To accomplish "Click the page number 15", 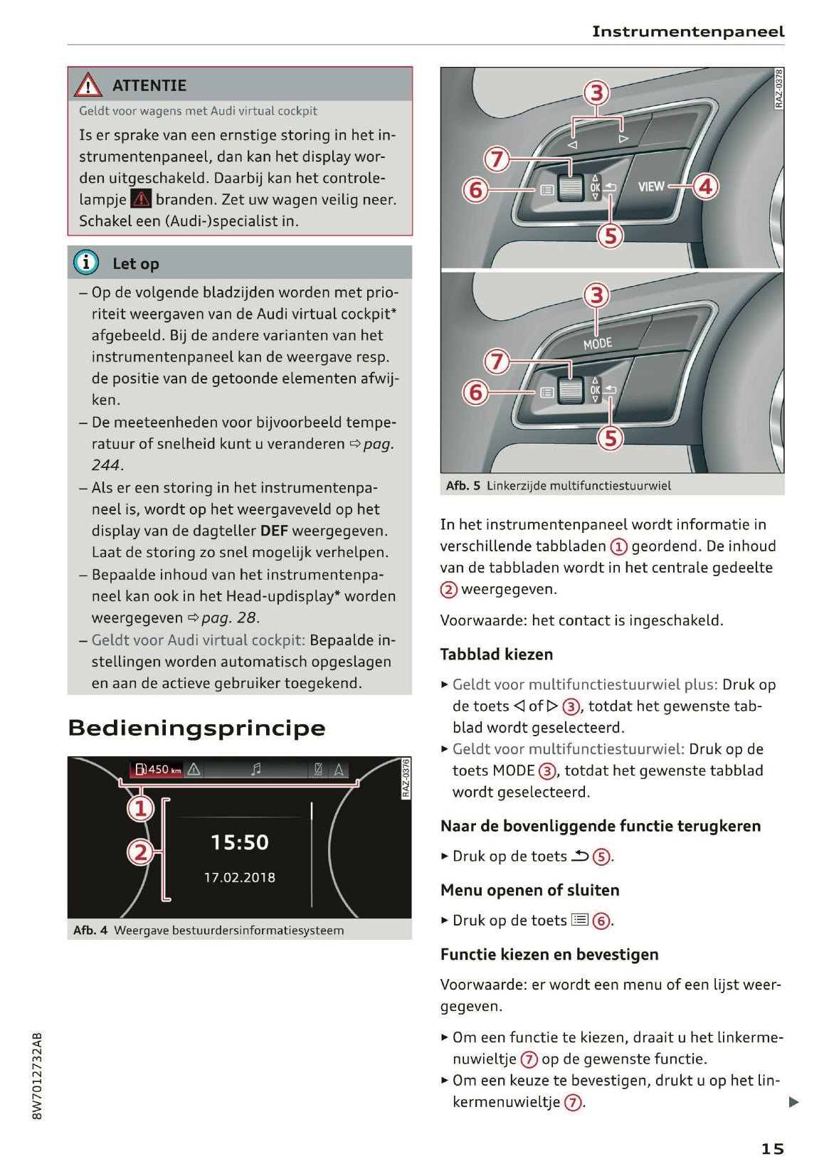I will click(772, 1148).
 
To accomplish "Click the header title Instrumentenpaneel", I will click(687, 31).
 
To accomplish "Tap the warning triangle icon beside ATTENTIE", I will click(88, 85).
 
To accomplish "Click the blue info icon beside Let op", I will click(86, 263).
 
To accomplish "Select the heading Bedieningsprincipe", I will click(196, 728).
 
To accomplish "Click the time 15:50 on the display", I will click(240, 842).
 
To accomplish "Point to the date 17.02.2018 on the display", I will click(240, 877).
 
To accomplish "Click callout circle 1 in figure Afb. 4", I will click(141, 808).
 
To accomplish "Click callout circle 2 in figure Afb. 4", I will click(140, 851).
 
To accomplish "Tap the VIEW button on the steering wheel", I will click(650, 186).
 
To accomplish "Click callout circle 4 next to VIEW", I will click(705, 186).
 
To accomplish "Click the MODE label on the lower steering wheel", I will click(597, 344).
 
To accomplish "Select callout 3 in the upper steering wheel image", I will click(597, 93).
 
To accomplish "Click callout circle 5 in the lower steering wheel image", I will click(610, 438).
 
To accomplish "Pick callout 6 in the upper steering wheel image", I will click(475, 190).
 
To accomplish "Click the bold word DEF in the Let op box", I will click(274, 531).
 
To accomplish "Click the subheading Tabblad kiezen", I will click(496, 654).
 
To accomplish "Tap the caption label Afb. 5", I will click(463, 486).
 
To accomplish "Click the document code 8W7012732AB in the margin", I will click(38, 1076).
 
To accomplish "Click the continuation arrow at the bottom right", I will click(793, 1102).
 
